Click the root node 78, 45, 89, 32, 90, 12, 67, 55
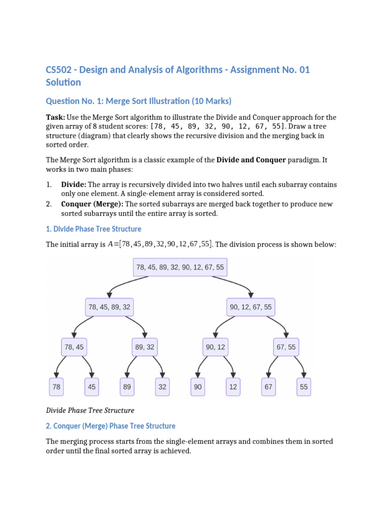(180, 267)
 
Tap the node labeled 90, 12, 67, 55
(251, 307)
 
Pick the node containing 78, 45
(74, 347)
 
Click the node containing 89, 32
(145, 347)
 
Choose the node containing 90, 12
(215, 347)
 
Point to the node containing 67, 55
(286, 347)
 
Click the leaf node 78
(56, 386)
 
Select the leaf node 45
(91, 386)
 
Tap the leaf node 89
(127, 386)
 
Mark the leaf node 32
(162, 386)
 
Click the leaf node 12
(233, 386)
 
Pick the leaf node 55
(304, 386)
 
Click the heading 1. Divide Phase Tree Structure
(93, 229)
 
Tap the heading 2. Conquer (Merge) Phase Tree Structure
(111, 426)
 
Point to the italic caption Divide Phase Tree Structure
(90, 410)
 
